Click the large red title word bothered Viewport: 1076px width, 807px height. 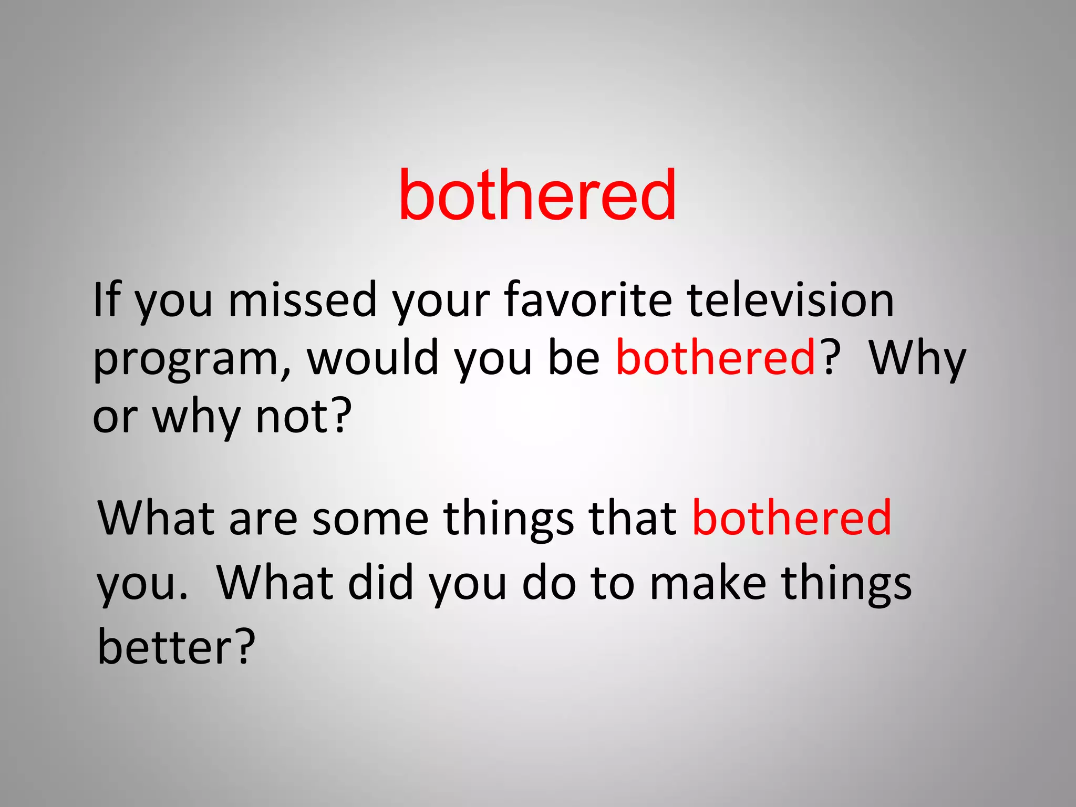[537, 195]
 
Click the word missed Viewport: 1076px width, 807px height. [303, 299]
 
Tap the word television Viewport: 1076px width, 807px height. [790, 299]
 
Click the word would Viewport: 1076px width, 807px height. [372, 358]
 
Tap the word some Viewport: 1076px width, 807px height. [370, 519]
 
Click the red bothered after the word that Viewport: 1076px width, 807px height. [791, 518]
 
